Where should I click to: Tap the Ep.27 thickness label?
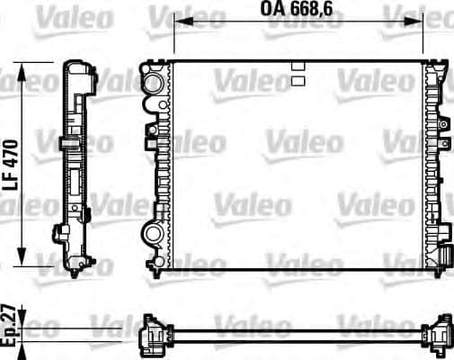pyautogui.click(x=12, y=328)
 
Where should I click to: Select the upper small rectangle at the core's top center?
pyautogui.click(x=298, y=65)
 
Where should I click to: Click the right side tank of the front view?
pyautogui.click(x=436, y=162)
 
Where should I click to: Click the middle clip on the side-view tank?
pyautogui.click(x=68, y=144)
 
